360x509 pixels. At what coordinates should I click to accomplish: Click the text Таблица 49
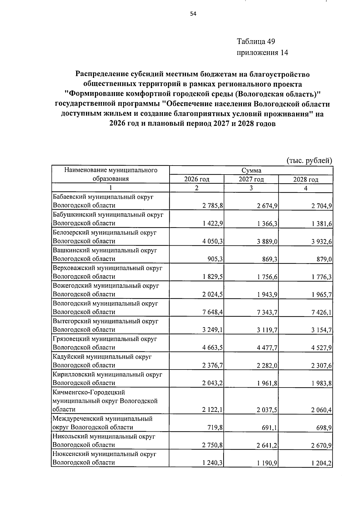pos(256,41)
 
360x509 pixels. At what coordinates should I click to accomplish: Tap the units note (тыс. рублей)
pos(309,161)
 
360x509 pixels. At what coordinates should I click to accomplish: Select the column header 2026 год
pos(196,179)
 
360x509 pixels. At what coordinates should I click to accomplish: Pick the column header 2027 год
pos(251,179)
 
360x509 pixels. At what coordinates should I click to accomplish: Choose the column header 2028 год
pos(305,179)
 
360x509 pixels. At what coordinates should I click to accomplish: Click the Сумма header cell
pos(251,170)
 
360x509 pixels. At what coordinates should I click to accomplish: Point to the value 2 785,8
pos(212,206)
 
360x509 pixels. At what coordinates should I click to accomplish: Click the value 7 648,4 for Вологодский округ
pos(212,312)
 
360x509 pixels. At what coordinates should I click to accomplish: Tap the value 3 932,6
pos(321,241)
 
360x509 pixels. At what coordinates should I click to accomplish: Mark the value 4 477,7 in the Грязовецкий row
pos(267,348)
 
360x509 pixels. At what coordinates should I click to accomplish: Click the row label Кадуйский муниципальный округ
pos(102,357)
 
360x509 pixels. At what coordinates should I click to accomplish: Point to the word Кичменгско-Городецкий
pos(88,392)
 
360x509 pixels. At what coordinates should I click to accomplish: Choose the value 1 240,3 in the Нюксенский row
pos(212,471)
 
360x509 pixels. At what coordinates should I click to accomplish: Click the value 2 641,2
pos(267,445)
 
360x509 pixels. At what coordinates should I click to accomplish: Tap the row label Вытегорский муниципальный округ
pos(105,321)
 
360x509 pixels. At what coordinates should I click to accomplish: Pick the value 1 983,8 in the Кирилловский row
pos(321,383)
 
